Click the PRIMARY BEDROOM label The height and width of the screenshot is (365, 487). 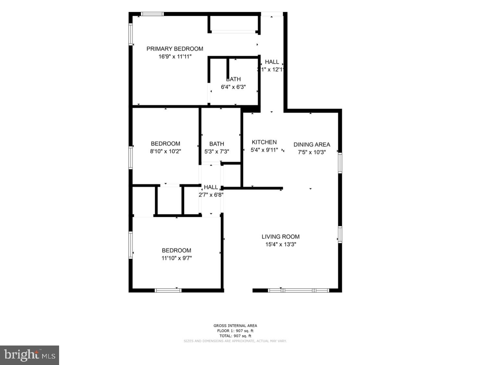pos(175,49)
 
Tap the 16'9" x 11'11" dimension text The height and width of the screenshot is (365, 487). pos(175,57)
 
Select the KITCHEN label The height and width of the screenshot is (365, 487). pos(264,142)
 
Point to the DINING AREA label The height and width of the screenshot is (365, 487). pos(312,145)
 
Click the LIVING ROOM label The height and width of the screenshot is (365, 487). pos(281,237)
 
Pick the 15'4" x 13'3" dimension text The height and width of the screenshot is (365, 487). pos(281,245)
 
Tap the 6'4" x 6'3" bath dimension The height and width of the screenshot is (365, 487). pos(233,87)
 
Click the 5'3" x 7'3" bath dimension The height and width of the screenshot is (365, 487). pos(217,151)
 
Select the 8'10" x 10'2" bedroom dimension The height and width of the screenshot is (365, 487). pos(165,151)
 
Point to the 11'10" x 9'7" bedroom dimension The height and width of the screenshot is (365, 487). pos(177,258)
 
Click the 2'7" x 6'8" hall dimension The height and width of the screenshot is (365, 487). pos(211,195)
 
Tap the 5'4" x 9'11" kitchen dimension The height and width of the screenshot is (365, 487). pos(264,150)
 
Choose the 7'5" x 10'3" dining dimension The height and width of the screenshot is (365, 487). pos(312,152)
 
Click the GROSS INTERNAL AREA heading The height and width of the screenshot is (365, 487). pos(235,325)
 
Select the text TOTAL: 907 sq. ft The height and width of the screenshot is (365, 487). pos(235,336)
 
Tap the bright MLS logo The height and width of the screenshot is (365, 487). pos(30,355)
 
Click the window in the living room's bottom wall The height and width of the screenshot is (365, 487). pos(299,290)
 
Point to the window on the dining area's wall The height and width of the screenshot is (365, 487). pos(340,163)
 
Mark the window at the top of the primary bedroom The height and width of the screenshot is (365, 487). pos(152,14)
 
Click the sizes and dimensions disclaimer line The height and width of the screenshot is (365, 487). pos(235,341)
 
